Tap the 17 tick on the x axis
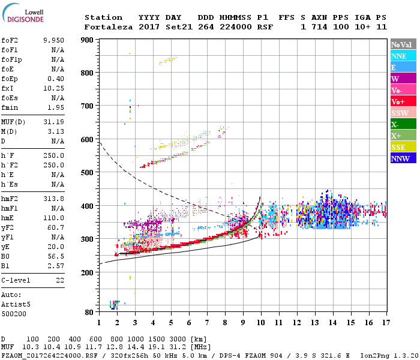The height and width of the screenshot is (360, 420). [385, 322]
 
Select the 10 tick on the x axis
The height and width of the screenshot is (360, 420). [260, 322]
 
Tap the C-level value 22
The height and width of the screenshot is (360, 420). [59, 280]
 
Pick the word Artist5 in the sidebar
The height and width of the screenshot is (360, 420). [14, 304]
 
